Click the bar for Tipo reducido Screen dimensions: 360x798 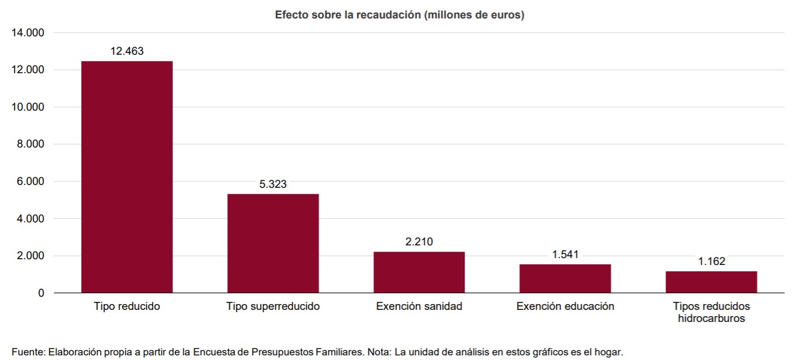pos(127,177)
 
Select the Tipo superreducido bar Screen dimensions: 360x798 pos(273,243)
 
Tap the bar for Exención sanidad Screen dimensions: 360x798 pos(419,272)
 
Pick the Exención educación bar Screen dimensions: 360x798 pos(565,278)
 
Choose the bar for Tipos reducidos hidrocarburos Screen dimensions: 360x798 pos(711,282)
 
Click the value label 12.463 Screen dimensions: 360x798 pos(127,51)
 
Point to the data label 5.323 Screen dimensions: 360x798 pos(273,184)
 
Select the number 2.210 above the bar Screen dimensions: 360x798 pos(419,242)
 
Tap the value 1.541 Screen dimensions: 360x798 pos(565,255)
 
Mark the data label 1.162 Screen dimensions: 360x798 pos(711,262)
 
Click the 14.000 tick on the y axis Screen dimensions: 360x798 pos(28,33)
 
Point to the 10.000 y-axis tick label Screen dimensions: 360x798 pos(28,107)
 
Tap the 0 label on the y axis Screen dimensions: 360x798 pos(40,293)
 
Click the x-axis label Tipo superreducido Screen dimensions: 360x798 pos(273,306)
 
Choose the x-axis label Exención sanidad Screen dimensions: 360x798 pos(419,306)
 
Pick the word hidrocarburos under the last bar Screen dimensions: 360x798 pos(711,319)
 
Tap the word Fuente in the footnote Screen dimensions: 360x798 pos(27,351)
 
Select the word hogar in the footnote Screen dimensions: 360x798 pos(609,351)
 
